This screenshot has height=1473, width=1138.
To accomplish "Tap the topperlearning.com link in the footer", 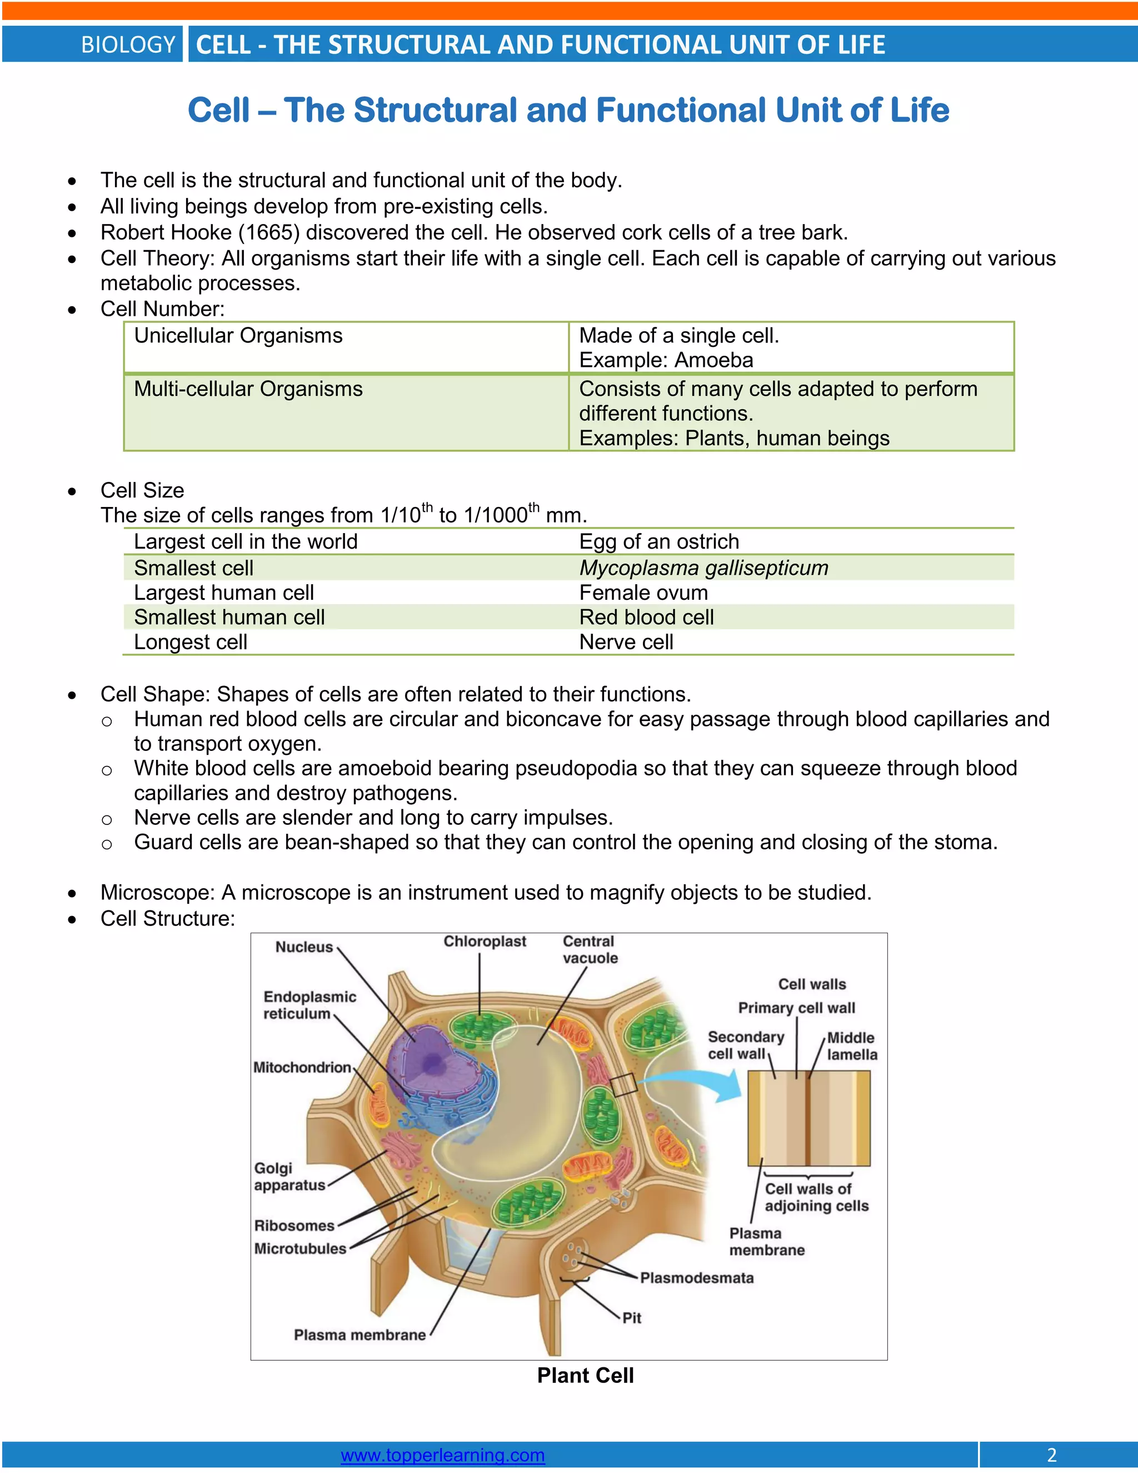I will tap(442, 1455).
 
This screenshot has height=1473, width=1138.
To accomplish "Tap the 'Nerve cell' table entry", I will tap(626, 642).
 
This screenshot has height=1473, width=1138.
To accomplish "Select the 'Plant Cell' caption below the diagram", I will tap(585, 1375).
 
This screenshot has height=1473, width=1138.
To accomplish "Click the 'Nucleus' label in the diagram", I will tap(304, 947).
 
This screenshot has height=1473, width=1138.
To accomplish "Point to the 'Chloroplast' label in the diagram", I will tap(485, 942).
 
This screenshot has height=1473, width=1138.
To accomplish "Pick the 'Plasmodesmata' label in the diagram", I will tap(696, 1277).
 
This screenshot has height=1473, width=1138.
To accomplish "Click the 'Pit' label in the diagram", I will tap(632, 1317).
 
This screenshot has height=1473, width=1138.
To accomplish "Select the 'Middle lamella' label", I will tap(851, 1046).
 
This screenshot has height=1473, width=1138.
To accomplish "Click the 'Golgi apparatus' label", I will tap(289, 1176).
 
